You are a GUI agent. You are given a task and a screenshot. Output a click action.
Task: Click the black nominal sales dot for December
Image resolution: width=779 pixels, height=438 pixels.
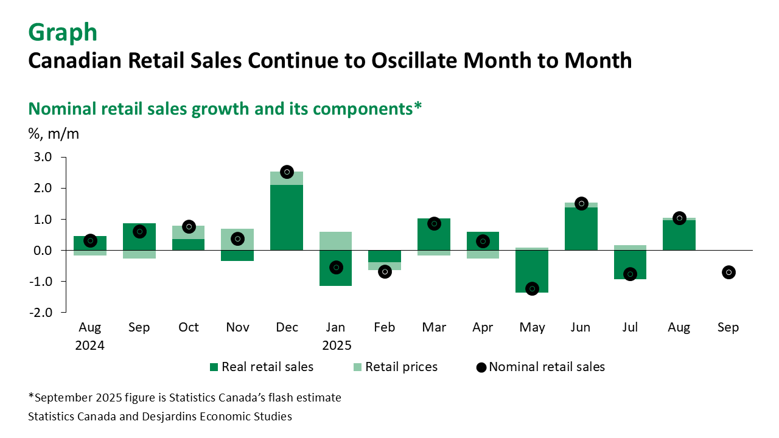click(287, 172)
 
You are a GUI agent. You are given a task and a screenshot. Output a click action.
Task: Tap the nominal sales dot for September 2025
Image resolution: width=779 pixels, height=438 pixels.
click(728, 272)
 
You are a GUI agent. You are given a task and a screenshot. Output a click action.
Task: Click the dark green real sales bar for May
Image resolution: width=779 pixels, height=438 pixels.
click(532, 268)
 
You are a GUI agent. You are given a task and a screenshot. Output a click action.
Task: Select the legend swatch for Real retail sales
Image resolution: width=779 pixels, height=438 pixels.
click(214, 367)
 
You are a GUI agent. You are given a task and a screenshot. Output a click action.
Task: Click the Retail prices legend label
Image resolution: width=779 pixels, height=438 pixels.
click(401, 367)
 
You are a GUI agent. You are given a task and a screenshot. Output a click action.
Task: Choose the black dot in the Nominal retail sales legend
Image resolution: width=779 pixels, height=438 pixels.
click(481, 367)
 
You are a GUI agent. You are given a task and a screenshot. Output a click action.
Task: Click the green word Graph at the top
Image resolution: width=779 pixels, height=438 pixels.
click(63, 32)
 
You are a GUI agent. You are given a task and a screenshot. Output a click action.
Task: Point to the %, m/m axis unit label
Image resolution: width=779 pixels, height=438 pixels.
click(54, 134)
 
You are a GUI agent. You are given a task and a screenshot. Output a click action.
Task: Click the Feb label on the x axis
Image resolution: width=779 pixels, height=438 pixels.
click(385, 327)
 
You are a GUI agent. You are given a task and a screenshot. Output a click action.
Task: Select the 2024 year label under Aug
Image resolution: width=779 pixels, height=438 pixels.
click(90, 345)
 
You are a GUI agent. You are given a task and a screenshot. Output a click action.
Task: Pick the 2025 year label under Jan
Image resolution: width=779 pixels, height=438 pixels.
click(337, 345)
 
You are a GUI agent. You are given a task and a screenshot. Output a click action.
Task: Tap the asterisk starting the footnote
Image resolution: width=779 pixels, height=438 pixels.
click(31, 397)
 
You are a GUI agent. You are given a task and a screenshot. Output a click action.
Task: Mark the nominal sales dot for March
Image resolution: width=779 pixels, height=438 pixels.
click(434, 224)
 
